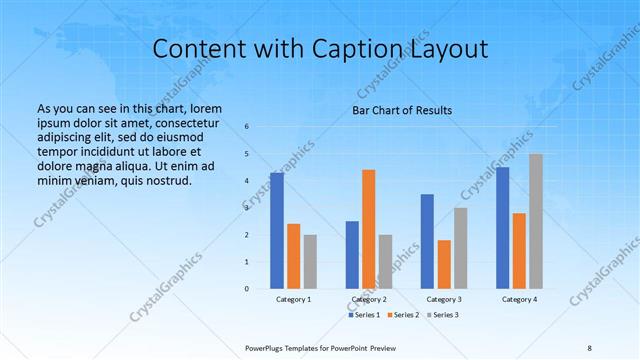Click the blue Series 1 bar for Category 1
277,230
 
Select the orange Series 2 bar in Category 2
368,229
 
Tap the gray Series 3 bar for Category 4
536,221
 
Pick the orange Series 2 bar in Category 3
444,264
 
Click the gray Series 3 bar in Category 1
310,261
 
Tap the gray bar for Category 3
460,247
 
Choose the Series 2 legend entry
402,316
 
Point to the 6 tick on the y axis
247,127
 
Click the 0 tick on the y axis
247,288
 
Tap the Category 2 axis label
369,299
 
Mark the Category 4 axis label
519,299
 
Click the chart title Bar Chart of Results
402,110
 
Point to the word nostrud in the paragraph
168,181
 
